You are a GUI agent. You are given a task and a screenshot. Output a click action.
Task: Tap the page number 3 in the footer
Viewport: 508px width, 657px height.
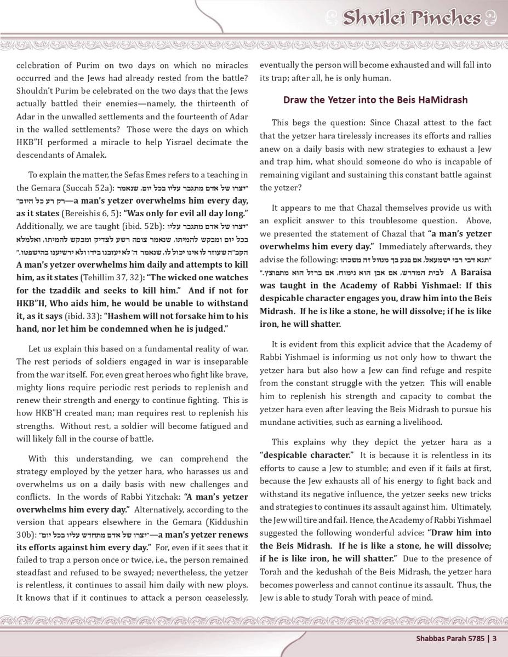(x=494, y=637)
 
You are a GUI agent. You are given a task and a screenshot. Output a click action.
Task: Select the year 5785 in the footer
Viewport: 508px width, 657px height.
(x=475, y=637)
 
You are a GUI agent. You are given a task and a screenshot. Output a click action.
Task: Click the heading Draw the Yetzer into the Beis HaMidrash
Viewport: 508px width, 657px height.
(x=375, y=100)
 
